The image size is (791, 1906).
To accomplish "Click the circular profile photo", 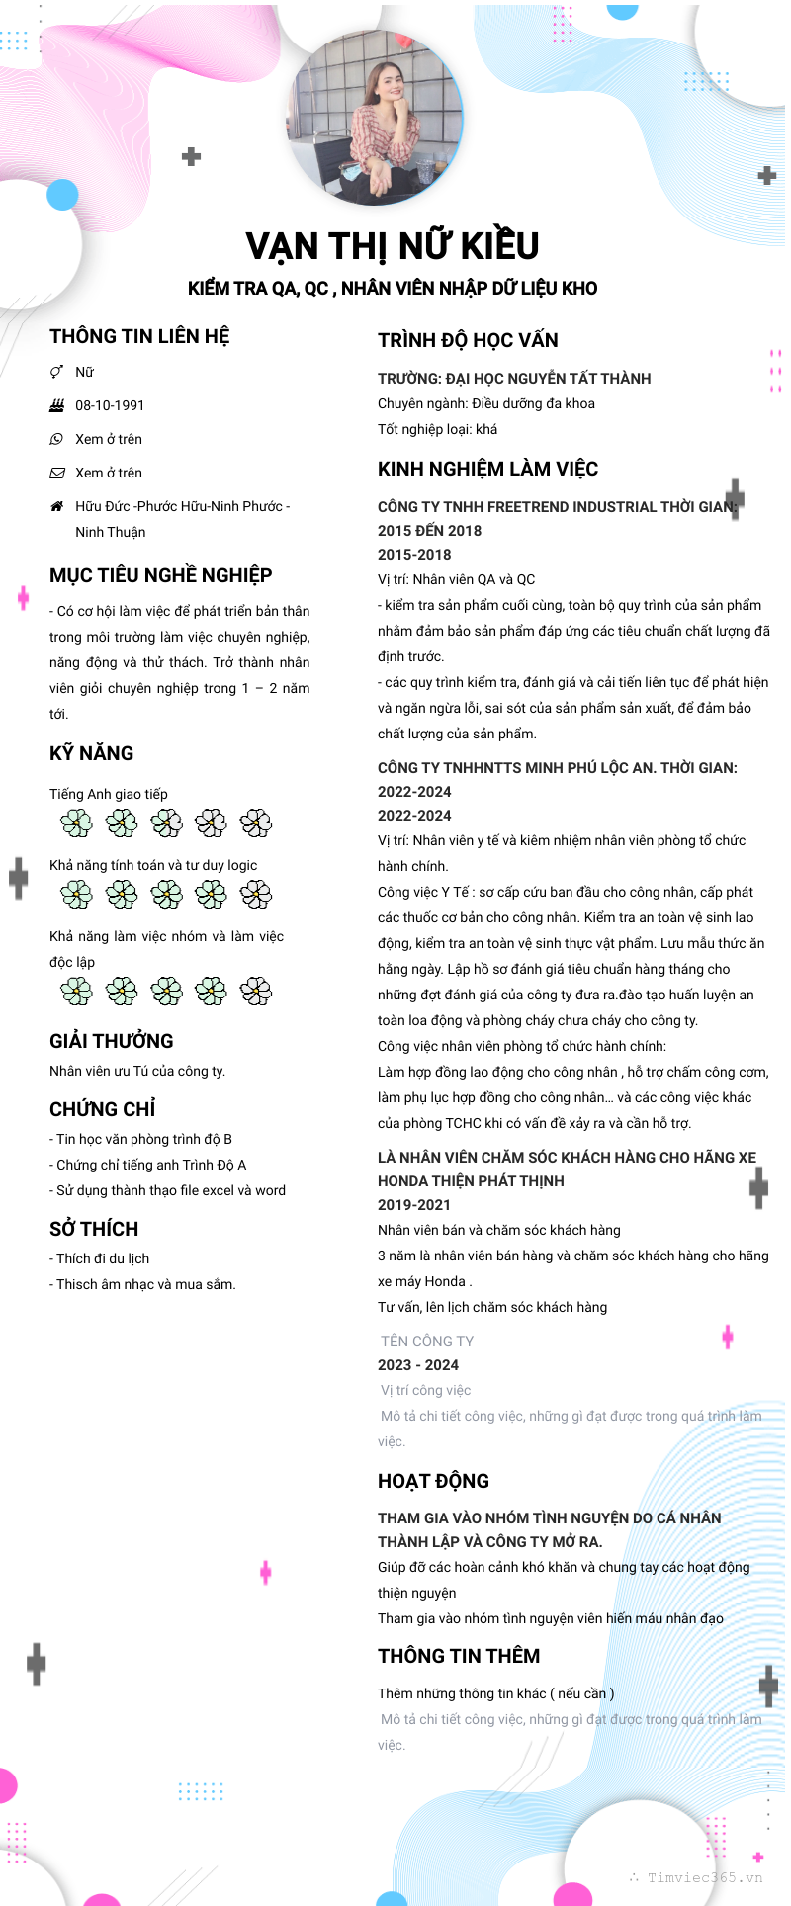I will tap(375, 117).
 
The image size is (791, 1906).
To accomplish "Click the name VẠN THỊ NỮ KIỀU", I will tap(393, 246).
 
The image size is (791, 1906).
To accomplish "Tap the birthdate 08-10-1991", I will tap(110, 405).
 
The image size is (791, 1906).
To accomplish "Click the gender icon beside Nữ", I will tap(57, 372).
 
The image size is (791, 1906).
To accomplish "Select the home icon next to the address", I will tap(57, 506).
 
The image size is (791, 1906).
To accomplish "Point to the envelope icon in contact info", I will tap(57, 473).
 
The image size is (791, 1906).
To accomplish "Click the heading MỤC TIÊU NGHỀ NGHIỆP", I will tap(160, 575).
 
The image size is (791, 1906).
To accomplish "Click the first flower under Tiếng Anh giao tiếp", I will tap(76, 823).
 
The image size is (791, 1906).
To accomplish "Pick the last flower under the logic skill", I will tap(256, 895).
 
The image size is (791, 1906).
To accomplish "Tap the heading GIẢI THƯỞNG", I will tap(111, 1041).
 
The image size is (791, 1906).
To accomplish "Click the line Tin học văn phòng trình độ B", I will tap(143, 1139).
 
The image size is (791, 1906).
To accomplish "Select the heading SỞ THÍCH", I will tap(94, 1229).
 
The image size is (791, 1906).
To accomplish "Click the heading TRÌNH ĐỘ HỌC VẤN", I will tap(468, 340).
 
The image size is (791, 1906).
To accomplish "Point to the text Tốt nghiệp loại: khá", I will tap(437, 429).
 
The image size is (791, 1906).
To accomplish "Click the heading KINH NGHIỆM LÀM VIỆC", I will tap(487, 469).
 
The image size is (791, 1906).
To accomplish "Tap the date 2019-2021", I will tap(413, 1205).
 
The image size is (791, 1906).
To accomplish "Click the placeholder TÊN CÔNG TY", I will tap(427, 1342).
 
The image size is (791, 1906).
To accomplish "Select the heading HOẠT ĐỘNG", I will tap(433, 1481).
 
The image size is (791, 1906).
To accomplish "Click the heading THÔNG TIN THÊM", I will tap(459, 1656).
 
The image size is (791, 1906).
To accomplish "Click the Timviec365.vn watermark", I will tap(704, 1877).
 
